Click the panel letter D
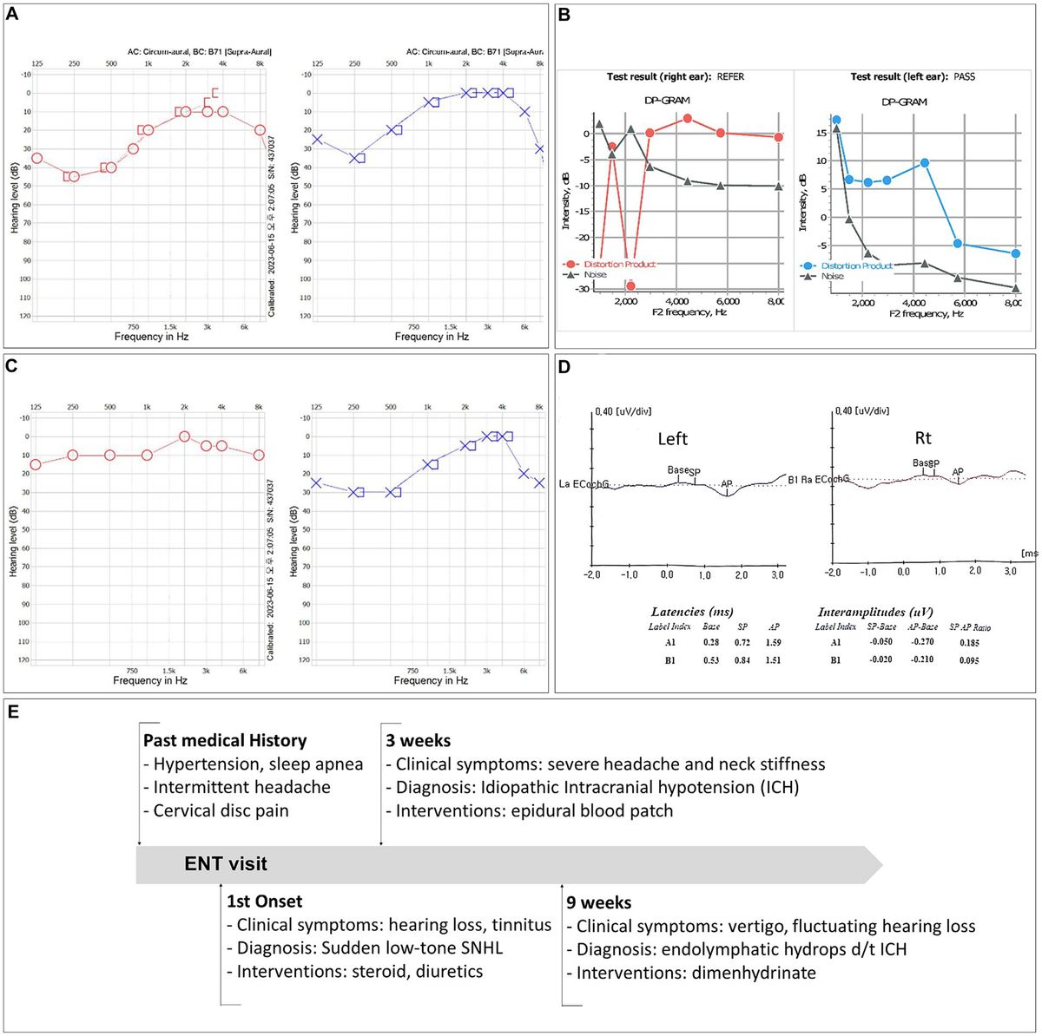[x=564, y=366]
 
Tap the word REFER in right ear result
[x=730, y=77]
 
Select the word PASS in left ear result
[x=964, y=77]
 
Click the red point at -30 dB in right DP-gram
[x=630, y=285]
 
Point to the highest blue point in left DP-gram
[x=836, y=121]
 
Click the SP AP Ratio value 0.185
[x=970, y=643]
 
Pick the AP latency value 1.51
[x=773, y=660]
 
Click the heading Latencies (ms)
[x=691, y=612]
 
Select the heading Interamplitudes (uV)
[x=875, y=612]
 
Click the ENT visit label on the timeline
[x=226, y=864]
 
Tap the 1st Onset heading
[x=264, y=902]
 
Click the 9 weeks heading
[x=598, y=902]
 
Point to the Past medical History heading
[x=224, y=741]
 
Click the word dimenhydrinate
[x=754, y=973]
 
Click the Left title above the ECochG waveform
[x=672, y=439]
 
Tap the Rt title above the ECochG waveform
[x=923, y=438]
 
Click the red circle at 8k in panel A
[x=260, y=130]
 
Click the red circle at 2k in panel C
[x=184, y=436]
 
